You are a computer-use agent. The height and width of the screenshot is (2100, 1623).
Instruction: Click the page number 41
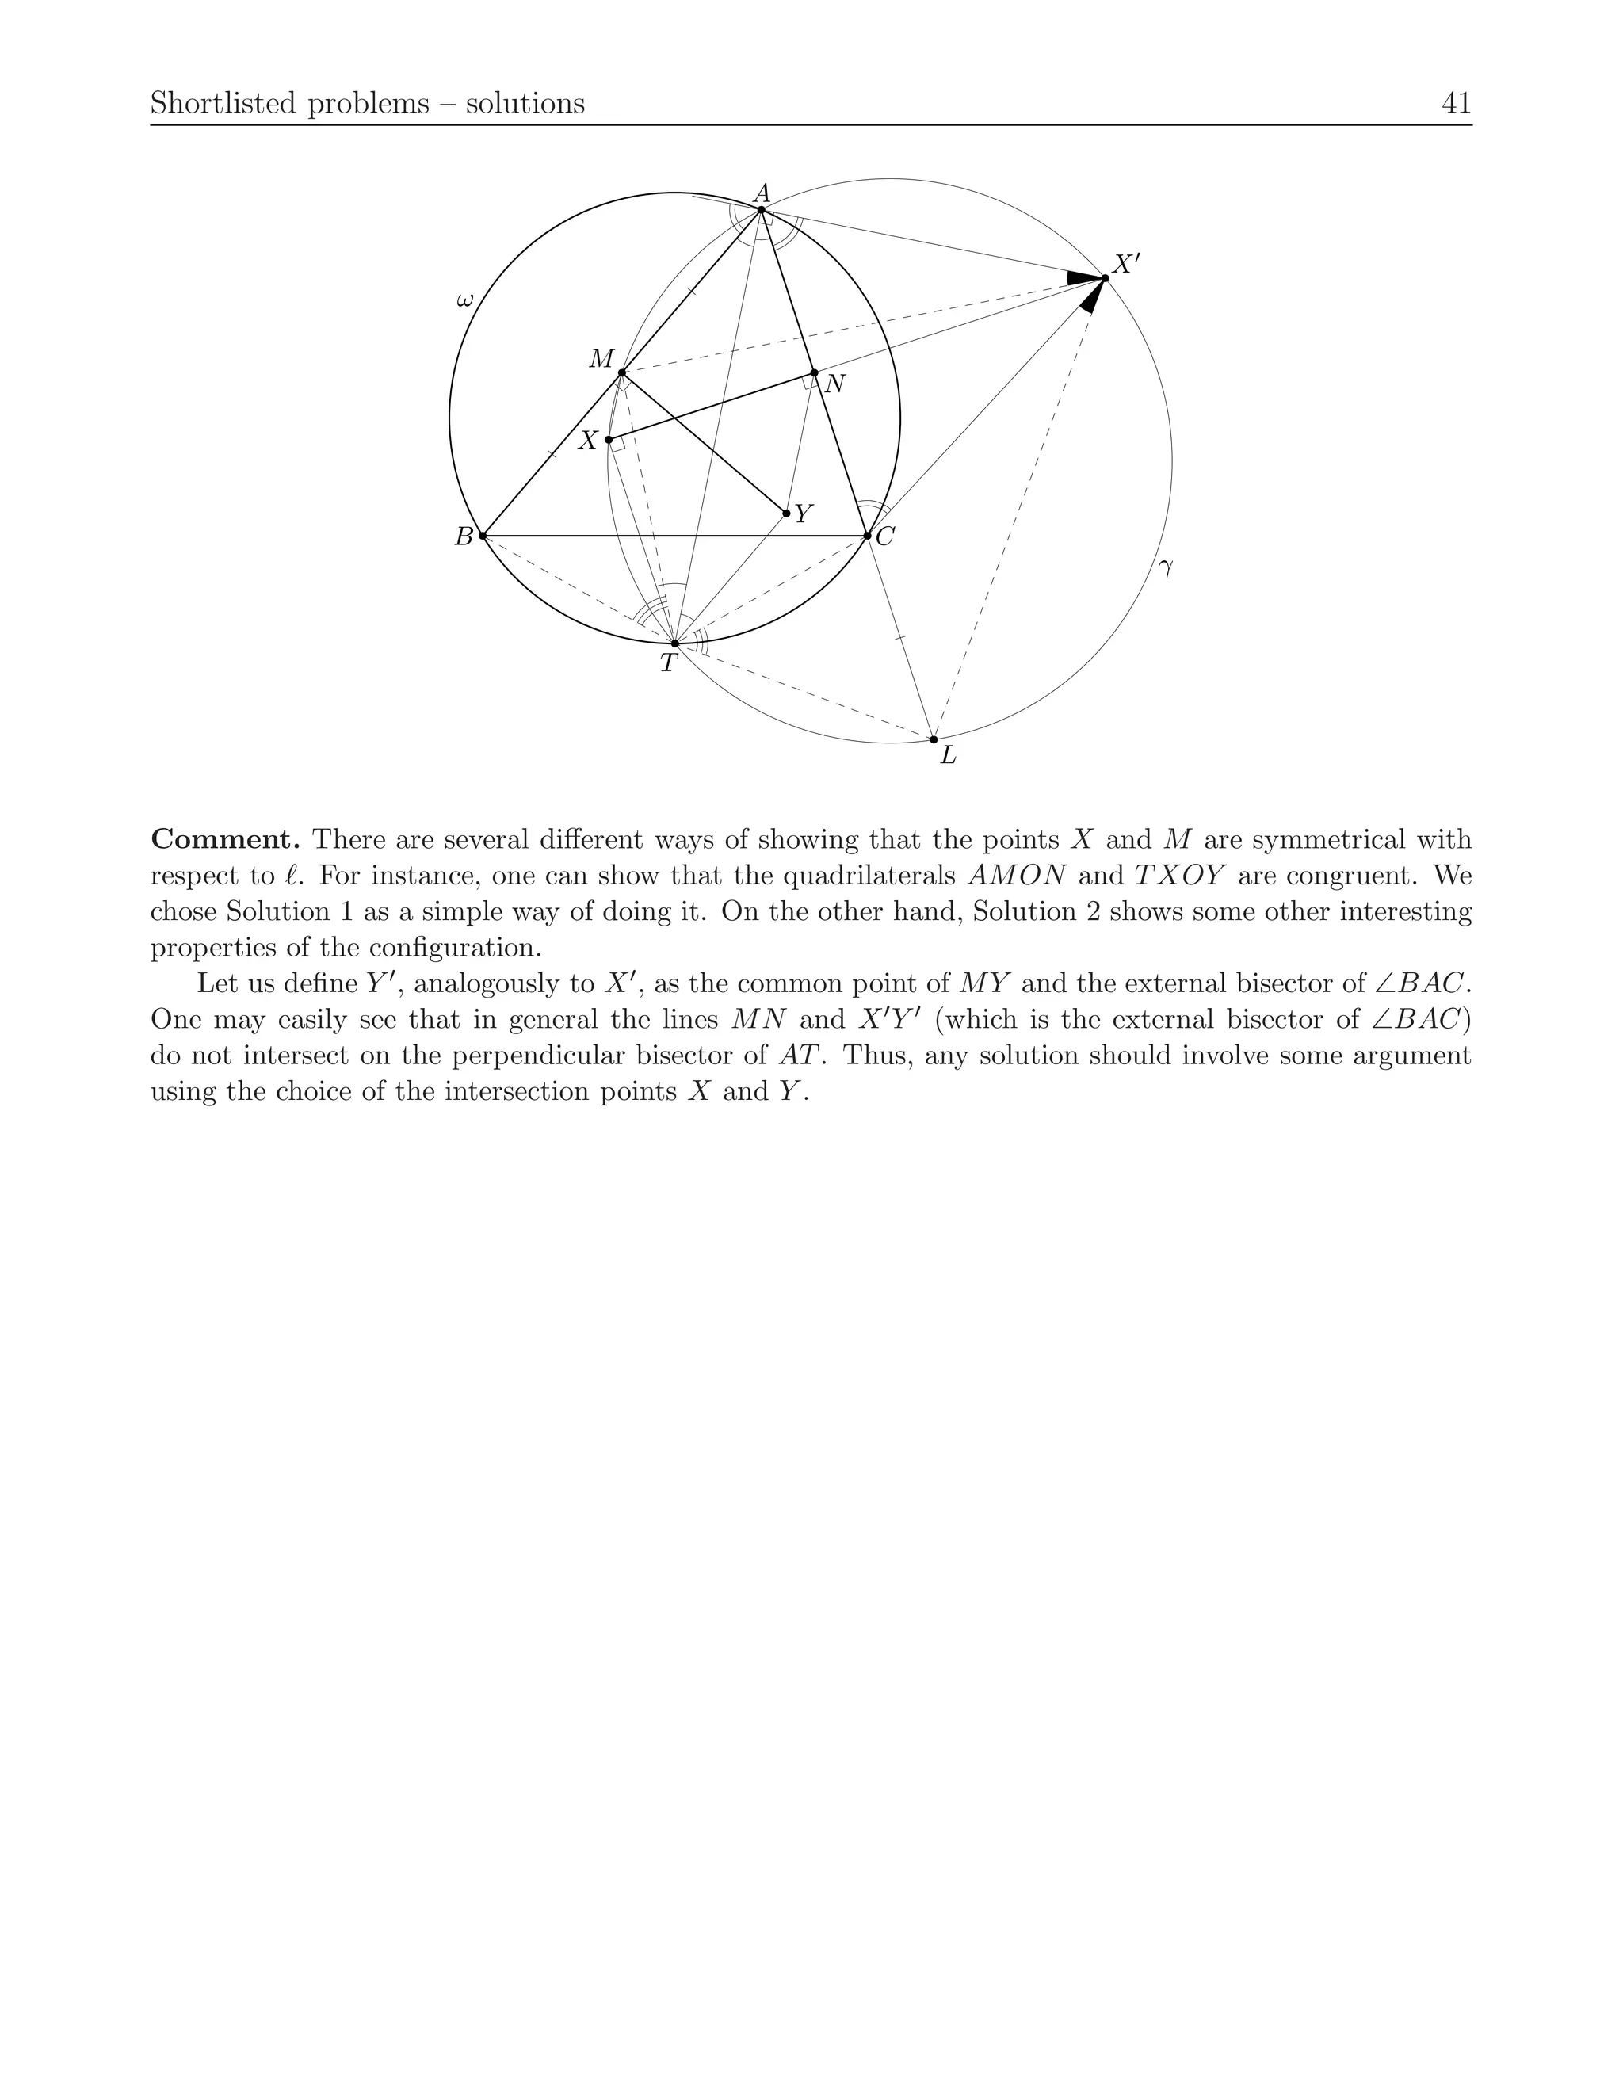coord(1457,103)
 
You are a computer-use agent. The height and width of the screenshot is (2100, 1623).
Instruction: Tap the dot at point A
coord(761,210)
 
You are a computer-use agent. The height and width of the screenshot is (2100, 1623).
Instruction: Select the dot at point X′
coord(1105,278)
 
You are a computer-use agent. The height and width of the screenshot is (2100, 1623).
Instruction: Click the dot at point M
coord(622,373)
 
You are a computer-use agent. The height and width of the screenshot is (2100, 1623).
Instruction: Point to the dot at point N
coord(815,373)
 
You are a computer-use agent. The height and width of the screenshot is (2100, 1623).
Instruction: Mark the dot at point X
coord(609,440)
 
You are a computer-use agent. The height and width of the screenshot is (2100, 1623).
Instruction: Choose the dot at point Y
coord(786,514)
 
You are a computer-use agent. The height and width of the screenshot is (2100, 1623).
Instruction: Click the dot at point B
coord(483,536)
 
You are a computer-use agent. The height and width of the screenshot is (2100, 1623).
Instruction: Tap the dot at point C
coord(867,536)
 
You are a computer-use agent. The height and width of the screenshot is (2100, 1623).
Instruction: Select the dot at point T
coord(675,643)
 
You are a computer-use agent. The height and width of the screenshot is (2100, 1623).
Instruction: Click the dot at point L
coord(934,739)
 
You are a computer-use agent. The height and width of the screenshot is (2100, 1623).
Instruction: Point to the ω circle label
coord(464,301)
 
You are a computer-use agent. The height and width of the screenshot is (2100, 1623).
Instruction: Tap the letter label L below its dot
coord(948,758)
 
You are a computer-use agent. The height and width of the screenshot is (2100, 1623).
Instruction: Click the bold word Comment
coord(226,839)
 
